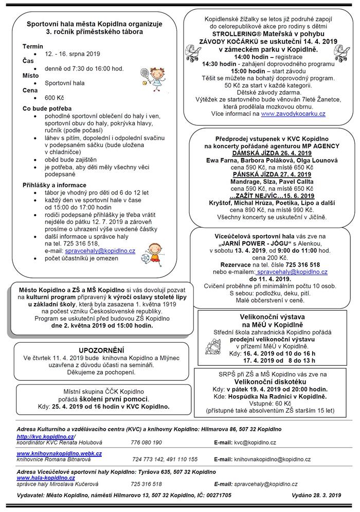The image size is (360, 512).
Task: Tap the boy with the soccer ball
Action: point(153,252)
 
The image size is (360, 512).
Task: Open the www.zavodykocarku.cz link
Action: point(293,113)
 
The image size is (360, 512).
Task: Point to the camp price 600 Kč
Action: point(55,97)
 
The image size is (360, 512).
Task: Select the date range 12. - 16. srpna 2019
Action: point(73,54)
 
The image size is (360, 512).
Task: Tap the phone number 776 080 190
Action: point(147,442)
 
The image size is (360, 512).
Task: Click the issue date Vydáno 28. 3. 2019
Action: point(312,495)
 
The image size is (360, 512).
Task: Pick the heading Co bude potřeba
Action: point(47,108)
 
